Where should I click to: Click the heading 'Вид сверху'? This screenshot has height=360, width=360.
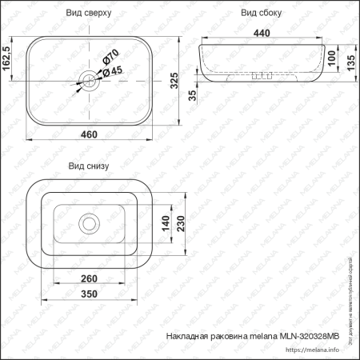click(89, 14)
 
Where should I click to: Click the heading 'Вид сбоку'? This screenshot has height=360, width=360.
click(262, 14)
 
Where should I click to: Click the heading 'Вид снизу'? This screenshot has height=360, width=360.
click(88, 166)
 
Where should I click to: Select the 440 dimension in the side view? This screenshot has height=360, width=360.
click(261, 34)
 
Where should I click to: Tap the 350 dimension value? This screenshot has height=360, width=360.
click(90, 294)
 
